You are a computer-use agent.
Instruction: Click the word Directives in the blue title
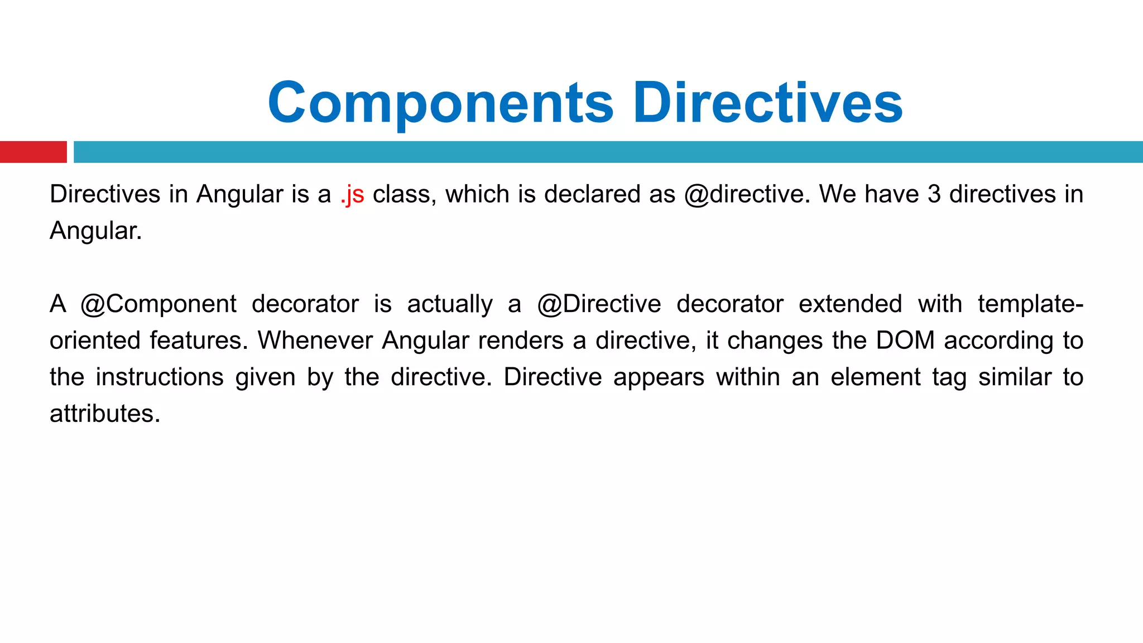click(x=767, y=104)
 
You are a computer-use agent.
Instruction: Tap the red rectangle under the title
click(x=33, y=152)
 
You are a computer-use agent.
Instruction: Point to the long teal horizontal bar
click(x=608, y=152)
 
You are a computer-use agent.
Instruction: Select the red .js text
click(x=352, y=195)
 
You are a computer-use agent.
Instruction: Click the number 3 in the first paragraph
click(x=934, y=194)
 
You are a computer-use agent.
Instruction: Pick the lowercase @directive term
click(x=747, y=194)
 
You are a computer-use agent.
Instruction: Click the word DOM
click(x=905, y=340)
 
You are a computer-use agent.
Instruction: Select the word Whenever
click(x=315, y=340)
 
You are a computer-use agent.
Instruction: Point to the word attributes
click(x=105, y=414)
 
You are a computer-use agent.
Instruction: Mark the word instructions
click(x=160, y=377)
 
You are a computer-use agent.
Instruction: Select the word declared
click(x=592, y=194)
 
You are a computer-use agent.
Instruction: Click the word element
click(x=875, y=377)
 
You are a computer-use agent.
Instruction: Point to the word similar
click(x=1015, y=377)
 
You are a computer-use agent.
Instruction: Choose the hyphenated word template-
click(x=1030, y=304)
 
